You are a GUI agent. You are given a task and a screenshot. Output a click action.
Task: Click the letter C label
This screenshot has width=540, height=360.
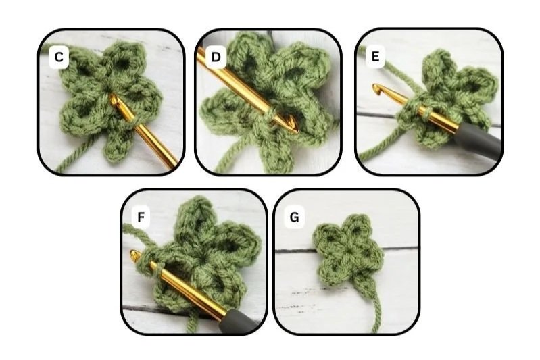(59, 57)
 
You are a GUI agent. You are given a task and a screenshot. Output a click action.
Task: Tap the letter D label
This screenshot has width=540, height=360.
(216, 57)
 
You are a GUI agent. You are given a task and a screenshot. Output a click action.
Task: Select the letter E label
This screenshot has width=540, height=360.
(375, 56)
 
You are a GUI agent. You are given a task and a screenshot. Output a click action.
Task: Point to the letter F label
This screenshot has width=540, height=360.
(141, 217)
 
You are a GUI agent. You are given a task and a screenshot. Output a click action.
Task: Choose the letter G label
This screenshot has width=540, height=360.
(295, 217)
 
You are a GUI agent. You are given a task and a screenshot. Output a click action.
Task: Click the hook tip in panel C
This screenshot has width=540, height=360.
(114, 100)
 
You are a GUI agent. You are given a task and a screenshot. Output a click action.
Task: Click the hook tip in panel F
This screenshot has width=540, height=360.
(134, 255)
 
